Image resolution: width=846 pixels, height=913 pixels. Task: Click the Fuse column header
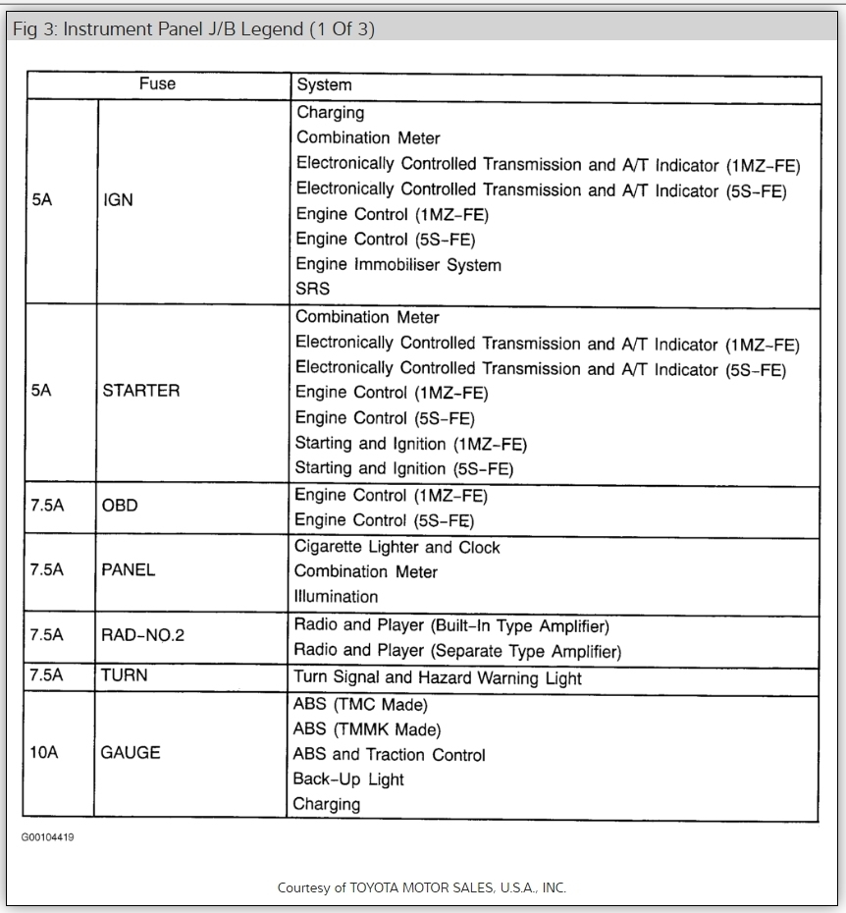pyautogui.click(x=157, y=84)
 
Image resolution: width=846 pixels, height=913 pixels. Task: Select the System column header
pyautogui.click(x=324, y=85)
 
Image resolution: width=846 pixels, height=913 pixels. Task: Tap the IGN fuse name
pyautogui.click(x=118, y=200)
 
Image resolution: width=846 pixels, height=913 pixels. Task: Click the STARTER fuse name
pyautogui.click(x=141, y=390)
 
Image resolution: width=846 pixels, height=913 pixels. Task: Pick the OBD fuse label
pyautogui.click(x=120, y=506)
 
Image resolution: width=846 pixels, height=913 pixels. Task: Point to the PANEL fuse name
pyautogui.click(x=129, y=569)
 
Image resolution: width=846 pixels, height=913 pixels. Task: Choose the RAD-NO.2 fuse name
pyautogui.click(x=143, y=635)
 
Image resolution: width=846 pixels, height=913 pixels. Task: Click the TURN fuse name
pyautogui.click(x=125, y=675)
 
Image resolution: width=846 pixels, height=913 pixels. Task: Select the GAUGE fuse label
pyautogui.click(x=131, y=753)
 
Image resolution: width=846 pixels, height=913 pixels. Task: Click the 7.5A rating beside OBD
pyautogui.click(x=47, y=506)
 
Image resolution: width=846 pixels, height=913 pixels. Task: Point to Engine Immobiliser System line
pyautogui.click(x=398, y=264)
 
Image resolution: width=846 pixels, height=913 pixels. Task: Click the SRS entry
pyautogui.click(x=313, y=289)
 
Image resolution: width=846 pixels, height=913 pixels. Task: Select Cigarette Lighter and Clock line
pyautogui.click(x=397, y=547)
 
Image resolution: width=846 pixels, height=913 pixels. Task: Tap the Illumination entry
pyautogui.click(x=337, y=596)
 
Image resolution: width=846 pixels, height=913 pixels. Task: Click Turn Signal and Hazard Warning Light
pyautogui.click(x=438, y=677)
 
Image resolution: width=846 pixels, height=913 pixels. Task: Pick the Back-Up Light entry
pyautogui.click(x=348, y=779)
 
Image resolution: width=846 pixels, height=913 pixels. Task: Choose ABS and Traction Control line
pyautogui.click(x=389, y=755)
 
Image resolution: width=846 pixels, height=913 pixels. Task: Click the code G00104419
pyautogui.click(x=47, y=837)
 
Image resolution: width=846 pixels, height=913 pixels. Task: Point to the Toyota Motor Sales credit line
pyautogui.click(x=422, y=887)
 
